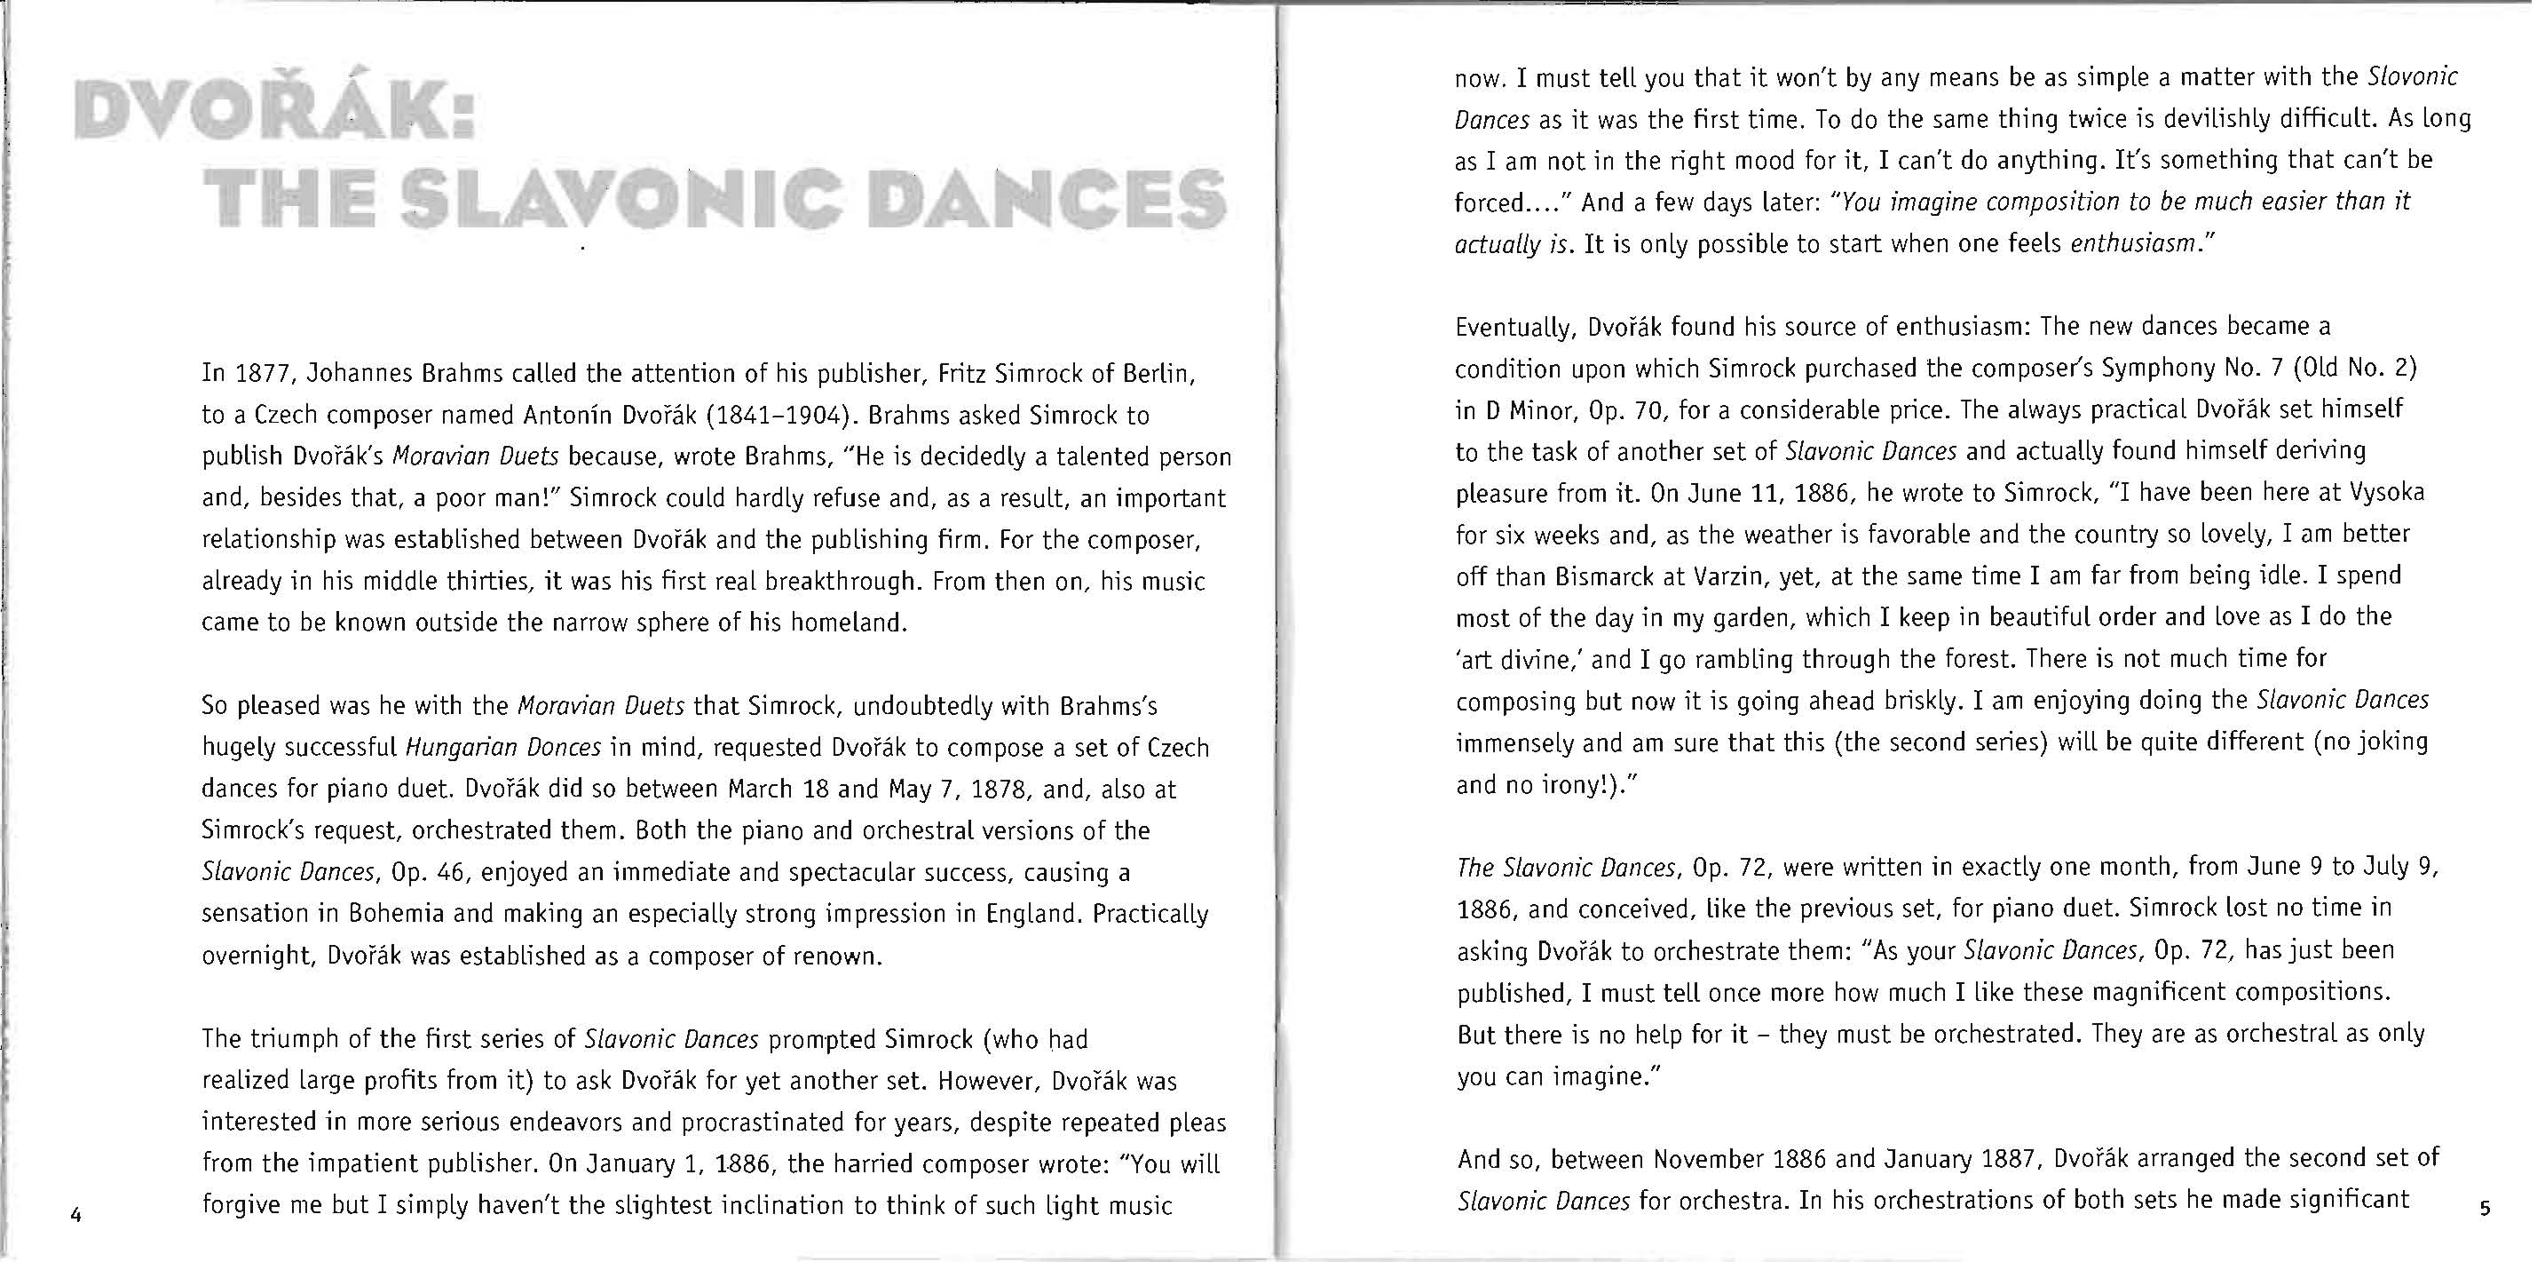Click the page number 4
pyautogui.click(x=76, y=1215)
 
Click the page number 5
pyautogui.click(x=2485, y=1208)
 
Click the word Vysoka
pyautogui.click(x=2387, y=492)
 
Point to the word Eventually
pyautogui.click(x=1515, y=326)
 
